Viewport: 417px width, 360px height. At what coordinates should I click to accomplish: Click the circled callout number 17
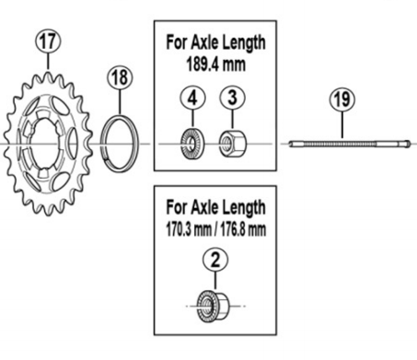[48, 41]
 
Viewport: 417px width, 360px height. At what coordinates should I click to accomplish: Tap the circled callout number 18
[120, 76]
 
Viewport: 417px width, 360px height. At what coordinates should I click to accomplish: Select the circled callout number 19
[342, 99]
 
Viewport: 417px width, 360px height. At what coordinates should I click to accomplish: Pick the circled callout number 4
[192, 99]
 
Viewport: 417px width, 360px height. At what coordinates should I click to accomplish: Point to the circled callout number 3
[232, 98]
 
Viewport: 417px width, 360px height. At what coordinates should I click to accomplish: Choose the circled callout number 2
[215, 260]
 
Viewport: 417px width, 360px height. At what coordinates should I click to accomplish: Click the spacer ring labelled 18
[120, 143]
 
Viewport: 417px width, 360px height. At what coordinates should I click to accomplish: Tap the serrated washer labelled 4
[192, 144]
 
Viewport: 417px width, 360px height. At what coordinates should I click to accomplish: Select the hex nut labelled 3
[233, 143]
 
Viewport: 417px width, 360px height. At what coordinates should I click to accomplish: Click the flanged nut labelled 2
[213, 307]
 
